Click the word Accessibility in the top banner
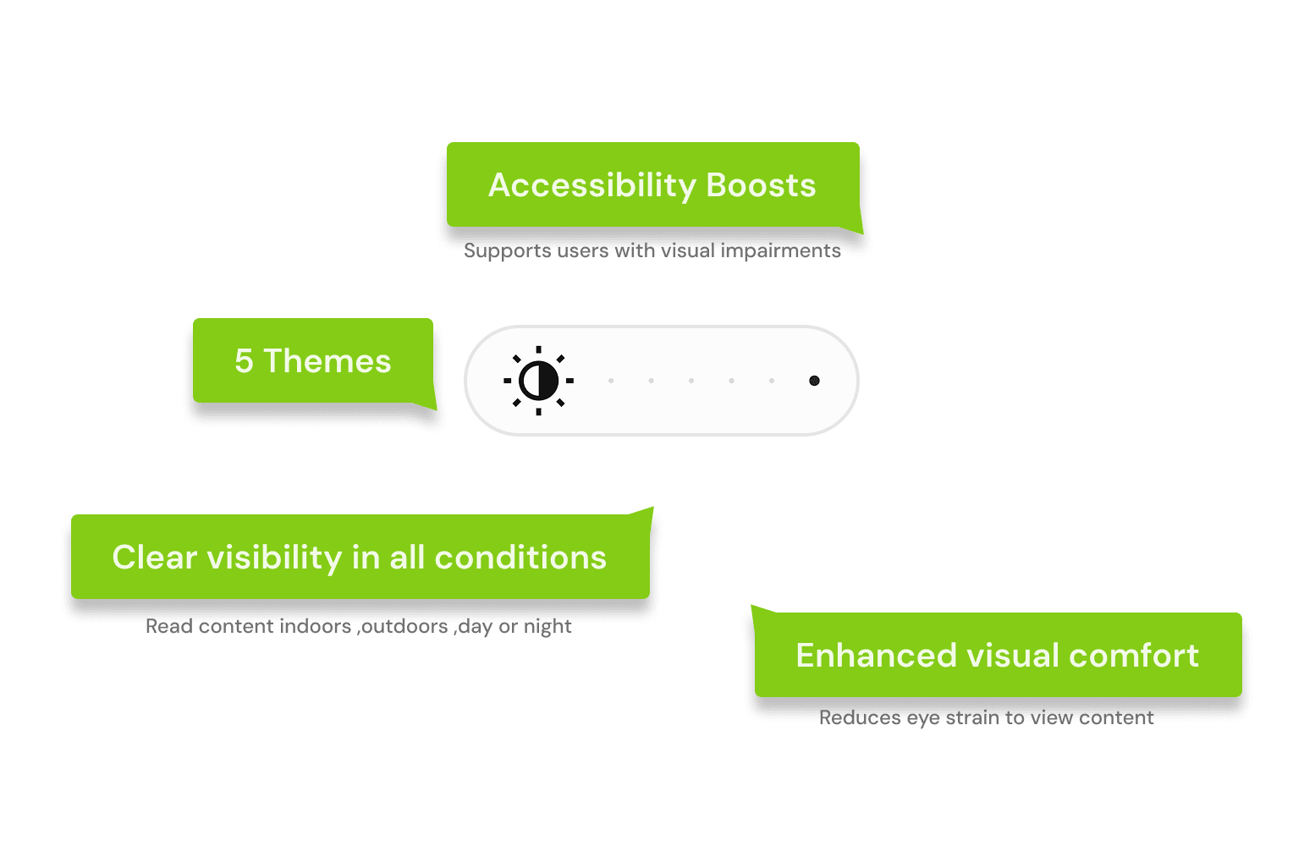coord(592,186)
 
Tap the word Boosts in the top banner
coord(761,185)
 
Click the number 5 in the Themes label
coord(244,361)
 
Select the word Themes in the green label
coord(327,361)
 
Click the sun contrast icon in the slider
coord(538,381)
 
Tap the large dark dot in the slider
coord(815,381)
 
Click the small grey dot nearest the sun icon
coord(611,381)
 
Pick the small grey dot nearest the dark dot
coord(772,381)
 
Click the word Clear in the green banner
coord(155,558)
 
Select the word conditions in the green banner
coord(520,558)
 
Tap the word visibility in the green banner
coord(274,558)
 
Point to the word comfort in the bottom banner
coord(1134,656)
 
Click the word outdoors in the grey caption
coord(402,627)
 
